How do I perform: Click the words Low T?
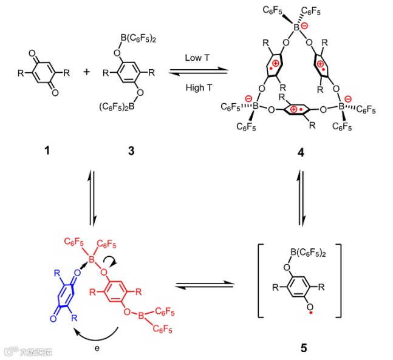[199, 57]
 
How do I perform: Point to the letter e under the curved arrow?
[97, 350]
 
